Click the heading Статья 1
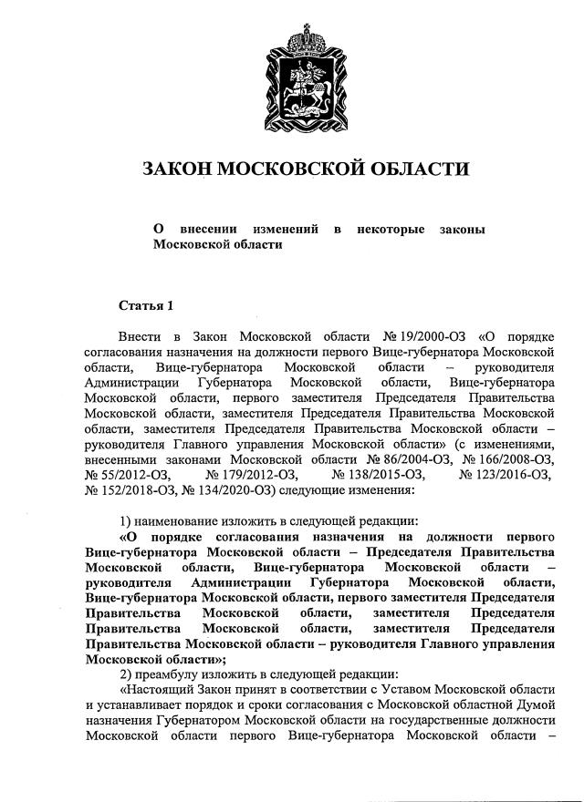pyautogui.click(x=145, y=305)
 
